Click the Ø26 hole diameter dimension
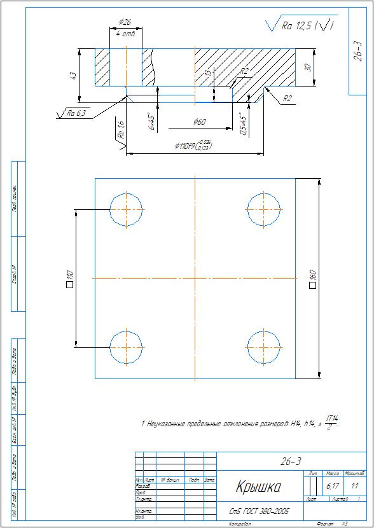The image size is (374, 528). pyautogui.click(x=125, y=22)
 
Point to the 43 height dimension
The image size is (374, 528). pyautogui.click(x=73, y=76)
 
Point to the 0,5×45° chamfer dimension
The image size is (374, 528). pyautogui.click(x=242, y=120)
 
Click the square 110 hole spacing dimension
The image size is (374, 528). pyautogui.click(x=70, y=278)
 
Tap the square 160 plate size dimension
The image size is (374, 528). pyautogui.click(x=312, y=278)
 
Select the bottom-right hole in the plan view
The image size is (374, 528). pyautogui.click(x=263, y=347)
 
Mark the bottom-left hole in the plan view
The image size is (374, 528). pyautogui.click(x=127, y=347)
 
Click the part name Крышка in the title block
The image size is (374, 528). pyautogui.click(x=259, y=488)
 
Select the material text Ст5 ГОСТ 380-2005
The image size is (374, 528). pyautogui.click(x=259, y=510)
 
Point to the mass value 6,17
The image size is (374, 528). pyautogui.click(x=332, y=485)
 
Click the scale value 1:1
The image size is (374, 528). pyautogui.click(x=354, y=485)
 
